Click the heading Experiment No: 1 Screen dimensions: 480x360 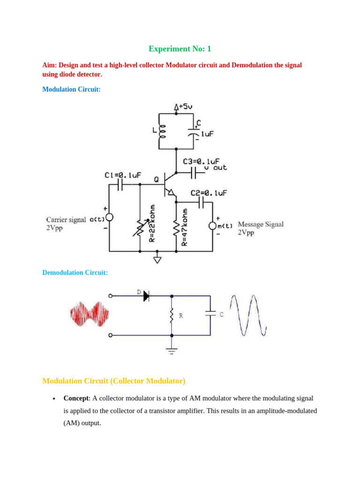tap(180, 49)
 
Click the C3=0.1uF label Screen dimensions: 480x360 tap(201, 161)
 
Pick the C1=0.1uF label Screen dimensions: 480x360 tap(122, 175)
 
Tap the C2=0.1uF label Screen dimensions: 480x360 tap(209, 193)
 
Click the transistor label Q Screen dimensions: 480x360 tap(156, 179)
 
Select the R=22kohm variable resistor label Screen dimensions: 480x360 tap(151, 223)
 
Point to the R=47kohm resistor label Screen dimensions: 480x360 tap(185, 227)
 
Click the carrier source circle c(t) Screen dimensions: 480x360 tap(109, 217)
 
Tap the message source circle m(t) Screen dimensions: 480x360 tap(212, 226)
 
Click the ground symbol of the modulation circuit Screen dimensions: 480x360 tap(157, 259)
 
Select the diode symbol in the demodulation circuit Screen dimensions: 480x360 tap(146, 296)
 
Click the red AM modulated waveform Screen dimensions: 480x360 tap(89, 314)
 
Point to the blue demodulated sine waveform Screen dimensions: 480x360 tap(248, 315)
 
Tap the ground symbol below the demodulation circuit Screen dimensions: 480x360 tap(172, 350)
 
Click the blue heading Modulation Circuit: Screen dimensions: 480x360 tap(71, 89)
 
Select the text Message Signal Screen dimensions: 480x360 tap(261, 224)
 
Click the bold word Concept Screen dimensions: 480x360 tap(76, 398)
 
